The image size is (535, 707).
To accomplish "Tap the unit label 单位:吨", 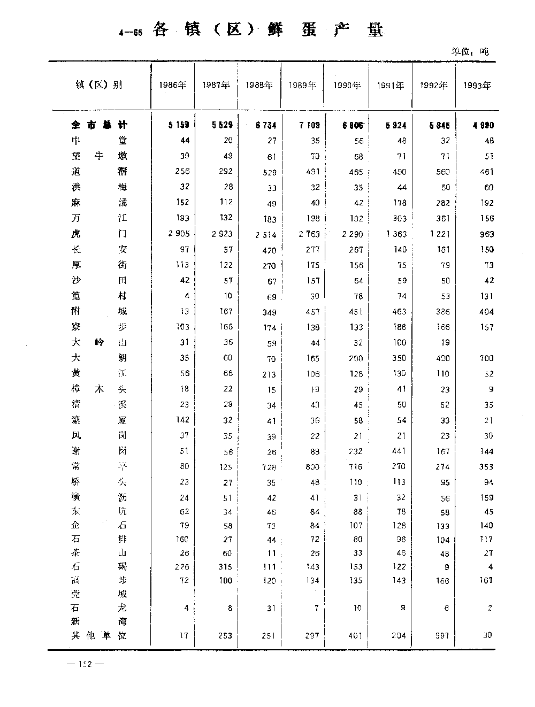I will [x=470, y=52].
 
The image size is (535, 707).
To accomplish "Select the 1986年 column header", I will [x=173, y=85].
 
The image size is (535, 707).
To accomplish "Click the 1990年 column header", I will [x=347, y=85].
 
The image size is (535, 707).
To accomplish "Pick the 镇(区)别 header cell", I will [x=99, y=84].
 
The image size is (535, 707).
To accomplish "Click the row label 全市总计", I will [x=100, y=125].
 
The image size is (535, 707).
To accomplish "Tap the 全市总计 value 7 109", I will [x=309, y=125].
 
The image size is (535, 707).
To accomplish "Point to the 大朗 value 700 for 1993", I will [x=485, y=358].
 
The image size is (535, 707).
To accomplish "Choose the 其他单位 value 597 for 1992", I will [x=441, y=636].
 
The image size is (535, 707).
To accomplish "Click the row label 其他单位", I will [x=100, y=636].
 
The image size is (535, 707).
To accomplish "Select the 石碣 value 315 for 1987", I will [x=225, y=567].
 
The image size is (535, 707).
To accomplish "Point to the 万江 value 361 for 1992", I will [x=441, y=218].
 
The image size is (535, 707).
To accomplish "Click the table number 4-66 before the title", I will [x=131, y=33].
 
